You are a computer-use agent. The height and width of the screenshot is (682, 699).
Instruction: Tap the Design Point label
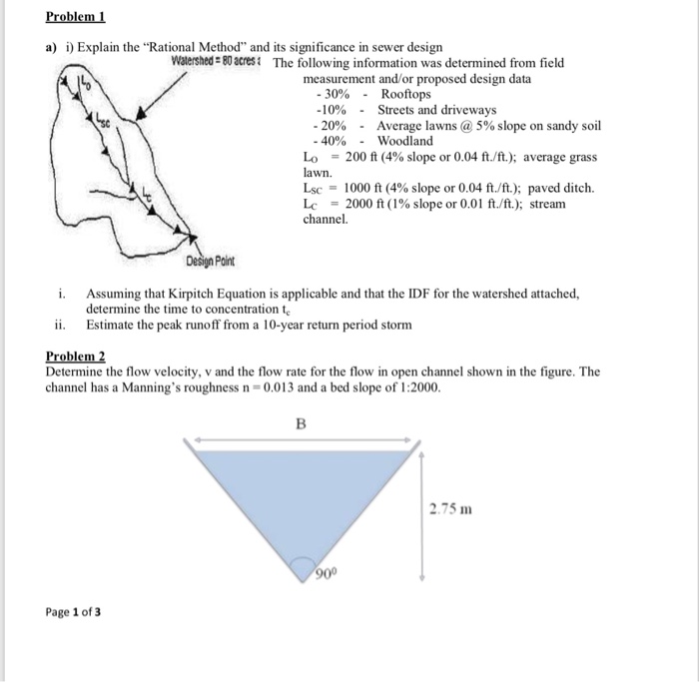coord(211,262)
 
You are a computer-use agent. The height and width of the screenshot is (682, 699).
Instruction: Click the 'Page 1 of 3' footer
coord(73,610)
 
